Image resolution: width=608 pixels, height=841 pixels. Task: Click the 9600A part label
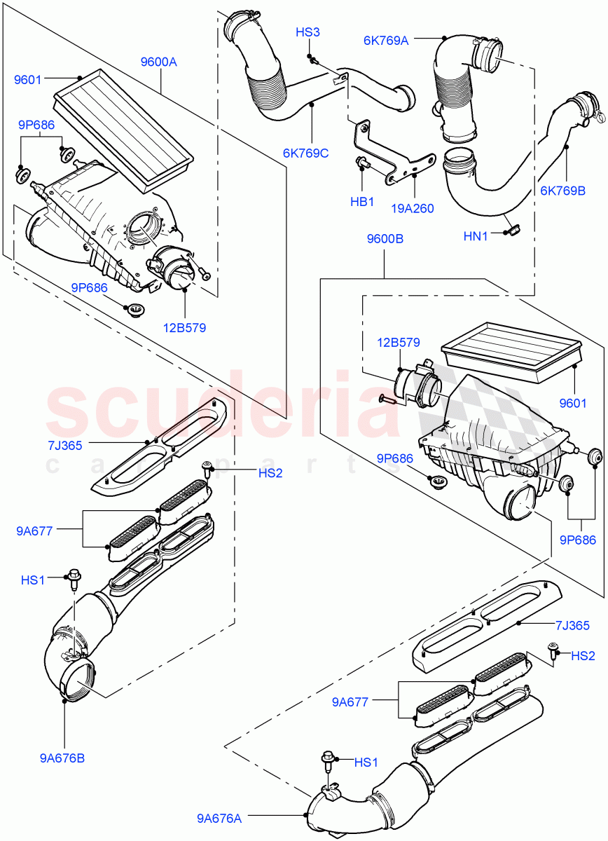click(x=158, y=62)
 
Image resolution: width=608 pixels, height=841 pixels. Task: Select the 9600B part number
click(x=385, y=238)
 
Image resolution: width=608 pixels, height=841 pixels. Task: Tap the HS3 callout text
click(x=308, y=32)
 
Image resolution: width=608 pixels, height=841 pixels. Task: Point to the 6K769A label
click(x=385, y=41)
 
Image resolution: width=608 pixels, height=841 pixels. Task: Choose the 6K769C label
click(x=305, y=153)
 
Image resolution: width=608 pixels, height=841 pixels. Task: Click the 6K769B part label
click(x=562, y=189)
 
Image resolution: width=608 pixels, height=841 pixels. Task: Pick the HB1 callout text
click(x=361, y=202)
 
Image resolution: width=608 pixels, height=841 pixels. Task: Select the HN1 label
click(x=476, y=237)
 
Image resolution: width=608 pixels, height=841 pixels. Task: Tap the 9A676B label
click(x=64, y=757)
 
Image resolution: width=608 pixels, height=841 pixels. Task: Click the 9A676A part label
click(x=220, y=817)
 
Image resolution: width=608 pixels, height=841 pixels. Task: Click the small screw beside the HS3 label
click(x=313, y=60)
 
